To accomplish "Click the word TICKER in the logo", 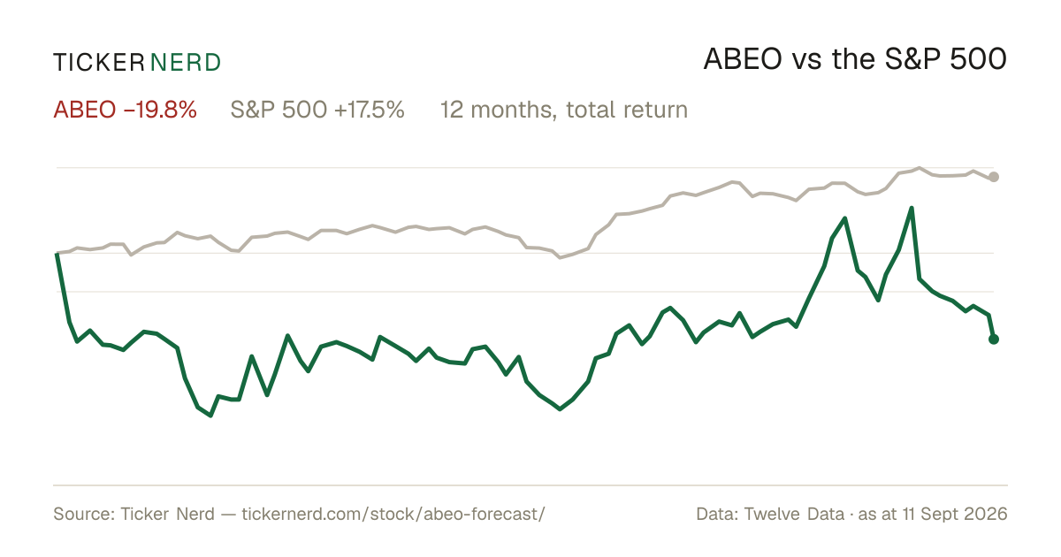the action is (x=98, y=63).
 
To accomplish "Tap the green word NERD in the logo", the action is (x=186, y=63).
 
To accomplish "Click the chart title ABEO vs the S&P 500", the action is (x=855, y=60).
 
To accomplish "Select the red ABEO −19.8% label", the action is (x=125, y=110).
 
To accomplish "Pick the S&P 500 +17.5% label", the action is (x=317, y=110).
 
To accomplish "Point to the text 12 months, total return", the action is (x=564, y=111).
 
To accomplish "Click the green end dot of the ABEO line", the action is (x=994, y=340).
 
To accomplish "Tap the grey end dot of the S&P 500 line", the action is (x=994, y=177).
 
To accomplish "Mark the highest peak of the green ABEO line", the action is (x=911, y=208).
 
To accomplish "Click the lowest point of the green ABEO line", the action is (x=210, y=416).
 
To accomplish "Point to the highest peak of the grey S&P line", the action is (x=920, y=168).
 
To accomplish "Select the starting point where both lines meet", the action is (x=57, y=254).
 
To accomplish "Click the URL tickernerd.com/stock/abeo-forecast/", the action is (x=393, y=514).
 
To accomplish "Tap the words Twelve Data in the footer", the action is (x=794, y=514).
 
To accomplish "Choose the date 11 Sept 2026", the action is (x=955, y=514).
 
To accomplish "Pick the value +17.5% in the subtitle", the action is (x=370, y=110).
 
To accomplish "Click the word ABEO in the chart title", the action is (x=742, y=60).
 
